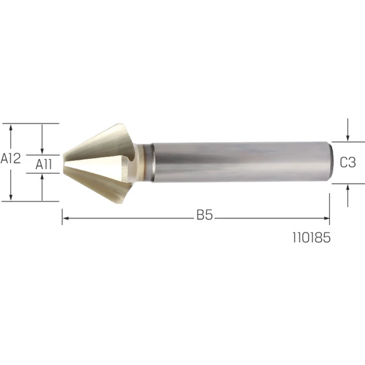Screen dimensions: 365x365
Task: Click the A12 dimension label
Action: (x=11, y=158)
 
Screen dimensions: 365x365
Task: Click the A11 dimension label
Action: (x=44, y=164)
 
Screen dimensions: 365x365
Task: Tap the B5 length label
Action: (x=205, y=215)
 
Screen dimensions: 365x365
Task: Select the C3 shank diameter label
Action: (x=348, y=162)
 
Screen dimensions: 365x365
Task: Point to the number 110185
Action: (x=311, y=238)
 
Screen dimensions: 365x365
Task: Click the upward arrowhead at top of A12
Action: (x=11, y=127)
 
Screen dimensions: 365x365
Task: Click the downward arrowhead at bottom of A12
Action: (x=11, y=197)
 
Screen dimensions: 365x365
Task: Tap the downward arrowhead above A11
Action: (x=42, y=151)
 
